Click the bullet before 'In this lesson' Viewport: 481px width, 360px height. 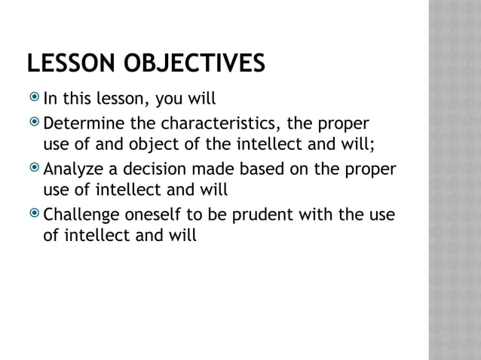point(35,98)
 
